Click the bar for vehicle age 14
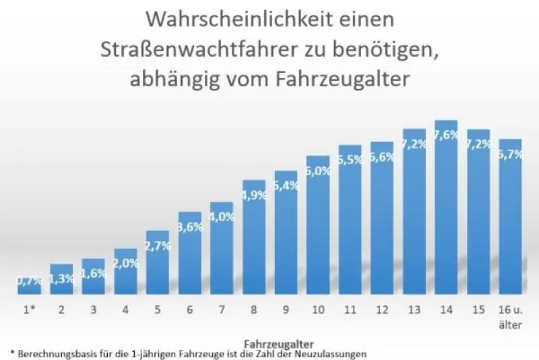446,207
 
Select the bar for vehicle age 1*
29,286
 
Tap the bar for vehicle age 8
254,237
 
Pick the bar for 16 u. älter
510,216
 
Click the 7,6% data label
446,135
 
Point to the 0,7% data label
30,281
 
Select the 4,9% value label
254,196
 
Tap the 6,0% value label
318,171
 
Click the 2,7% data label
158,246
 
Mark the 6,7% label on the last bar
511,154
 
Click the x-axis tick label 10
318,310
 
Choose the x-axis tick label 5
158,310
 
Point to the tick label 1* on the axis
29,310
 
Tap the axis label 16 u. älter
511,317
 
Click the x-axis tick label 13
414,310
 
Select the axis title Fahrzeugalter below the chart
279,344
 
